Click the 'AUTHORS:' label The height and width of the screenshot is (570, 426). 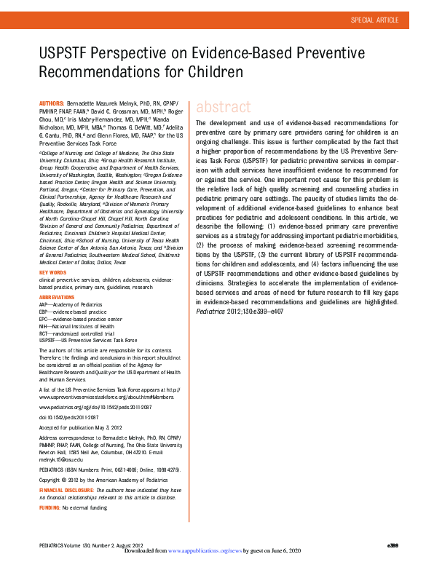[51, 105]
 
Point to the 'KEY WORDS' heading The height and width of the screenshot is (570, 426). [52, 272]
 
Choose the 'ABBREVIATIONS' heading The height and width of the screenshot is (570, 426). [58, 297]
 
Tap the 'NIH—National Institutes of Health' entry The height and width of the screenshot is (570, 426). [76, 326]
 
